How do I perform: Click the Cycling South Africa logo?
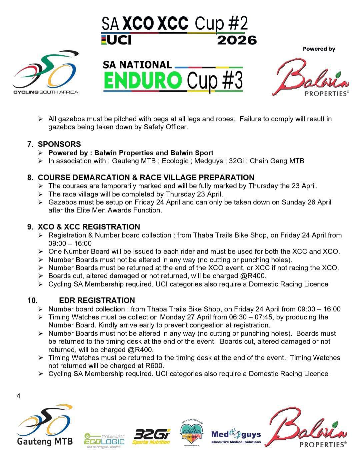click(46, 72)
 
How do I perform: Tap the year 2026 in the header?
click(237, 40)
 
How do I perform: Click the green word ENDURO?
click(143, 81)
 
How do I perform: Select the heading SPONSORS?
click(59, 144)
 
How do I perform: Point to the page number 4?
click(18, 396)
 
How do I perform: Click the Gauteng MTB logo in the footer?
click(45, 427)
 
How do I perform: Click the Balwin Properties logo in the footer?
click(308, 428)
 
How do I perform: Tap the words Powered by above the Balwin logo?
click(319, 49)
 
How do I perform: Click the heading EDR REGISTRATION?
click(97, 300)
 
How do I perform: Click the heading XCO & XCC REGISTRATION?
click(89, 227)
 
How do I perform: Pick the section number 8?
click(30, 178)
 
